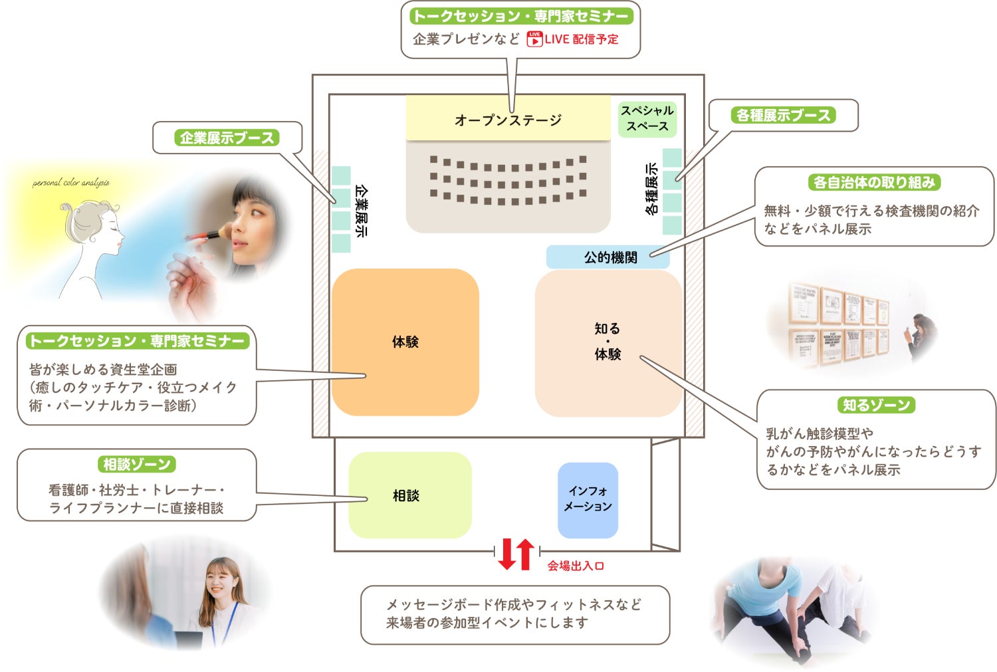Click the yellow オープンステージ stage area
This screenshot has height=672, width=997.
[508, 119]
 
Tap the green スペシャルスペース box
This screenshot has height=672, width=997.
[647, 118]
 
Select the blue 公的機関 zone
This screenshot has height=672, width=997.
[608, 257]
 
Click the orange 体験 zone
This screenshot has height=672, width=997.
[405, 342]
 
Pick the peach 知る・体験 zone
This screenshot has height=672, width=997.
[608, 342]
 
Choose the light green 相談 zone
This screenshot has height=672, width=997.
[409, 495]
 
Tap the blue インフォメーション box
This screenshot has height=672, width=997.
[588, 499]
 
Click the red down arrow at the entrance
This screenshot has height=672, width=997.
[507, 554]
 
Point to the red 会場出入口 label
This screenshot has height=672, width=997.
[576, 566]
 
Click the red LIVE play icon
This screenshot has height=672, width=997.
[534, 39]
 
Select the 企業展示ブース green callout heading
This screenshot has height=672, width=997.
[227, 138]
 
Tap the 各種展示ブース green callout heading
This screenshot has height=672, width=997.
[784, 115]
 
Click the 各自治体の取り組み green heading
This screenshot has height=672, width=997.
[874, 182]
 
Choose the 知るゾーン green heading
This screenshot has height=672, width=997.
[876, 405]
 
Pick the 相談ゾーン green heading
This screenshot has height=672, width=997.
[137, 464]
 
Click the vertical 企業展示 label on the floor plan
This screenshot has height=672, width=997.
[361, 210]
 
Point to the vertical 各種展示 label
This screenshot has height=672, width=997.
[651, 189]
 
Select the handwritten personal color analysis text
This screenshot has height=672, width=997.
[71, 182]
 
